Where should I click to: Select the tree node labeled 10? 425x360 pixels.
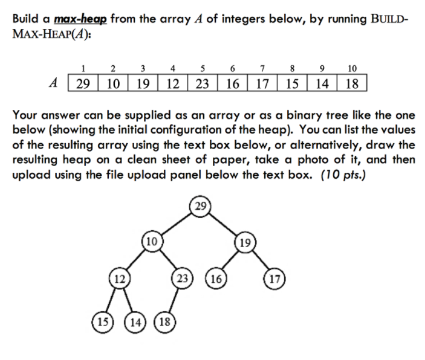click(x=152, y=242)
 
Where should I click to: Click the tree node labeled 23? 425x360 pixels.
click(x=180, y=278)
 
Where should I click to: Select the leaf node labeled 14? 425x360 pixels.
click(x=136, y=320)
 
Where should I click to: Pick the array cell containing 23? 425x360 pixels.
click(x=201, y=83)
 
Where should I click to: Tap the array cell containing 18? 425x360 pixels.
click(x=352, y=83)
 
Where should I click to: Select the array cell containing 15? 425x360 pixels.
click(x=292, y=83)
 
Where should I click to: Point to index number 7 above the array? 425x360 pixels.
click(x=262, y=68)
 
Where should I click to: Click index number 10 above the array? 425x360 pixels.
click(x=352, y=68)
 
